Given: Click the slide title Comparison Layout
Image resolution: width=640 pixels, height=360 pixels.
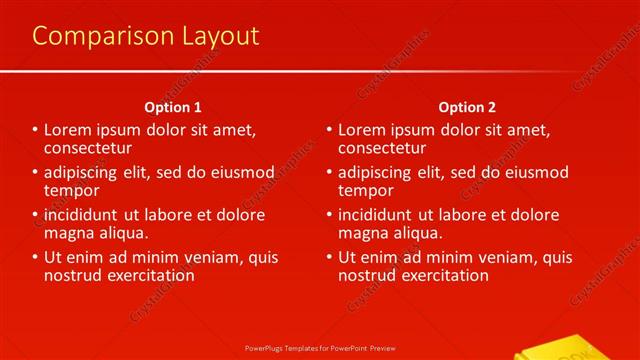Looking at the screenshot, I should pos(145,37).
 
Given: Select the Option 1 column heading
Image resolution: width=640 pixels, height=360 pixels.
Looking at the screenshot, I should pos(173,107).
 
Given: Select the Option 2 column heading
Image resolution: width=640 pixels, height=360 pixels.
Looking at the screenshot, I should pos(466,107).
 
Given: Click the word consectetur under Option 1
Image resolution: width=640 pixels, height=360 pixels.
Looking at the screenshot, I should pos(87,147).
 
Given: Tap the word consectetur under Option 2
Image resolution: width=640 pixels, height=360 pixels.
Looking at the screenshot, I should pos(381,147).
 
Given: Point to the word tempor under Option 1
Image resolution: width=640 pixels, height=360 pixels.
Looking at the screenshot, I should pos(71,190).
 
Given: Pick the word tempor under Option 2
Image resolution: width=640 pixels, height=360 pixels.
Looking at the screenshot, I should pos(366,190).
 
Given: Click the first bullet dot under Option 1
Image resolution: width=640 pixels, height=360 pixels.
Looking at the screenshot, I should pos(35,130).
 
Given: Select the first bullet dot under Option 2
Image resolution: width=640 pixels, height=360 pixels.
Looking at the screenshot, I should pos(329,130).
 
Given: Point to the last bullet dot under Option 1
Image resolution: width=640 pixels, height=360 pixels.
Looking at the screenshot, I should pos(35,258).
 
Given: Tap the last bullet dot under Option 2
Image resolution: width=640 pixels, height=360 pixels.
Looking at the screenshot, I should pos(329,258).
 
